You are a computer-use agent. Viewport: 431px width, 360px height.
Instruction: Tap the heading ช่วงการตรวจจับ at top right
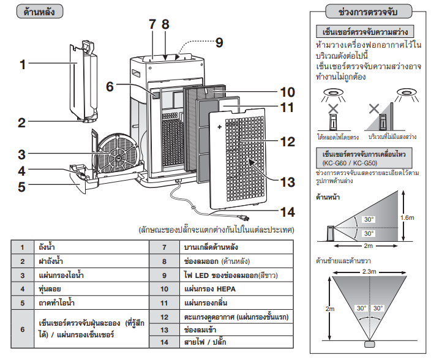click(x=370, y=12)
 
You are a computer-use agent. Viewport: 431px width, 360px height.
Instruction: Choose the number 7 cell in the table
click(x=165, y=248)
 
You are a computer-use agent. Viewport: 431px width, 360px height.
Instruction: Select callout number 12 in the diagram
click(x=287, y=141)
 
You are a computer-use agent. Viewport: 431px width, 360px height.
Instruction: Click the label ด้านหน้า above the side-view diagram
click(x=328, y=198)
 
